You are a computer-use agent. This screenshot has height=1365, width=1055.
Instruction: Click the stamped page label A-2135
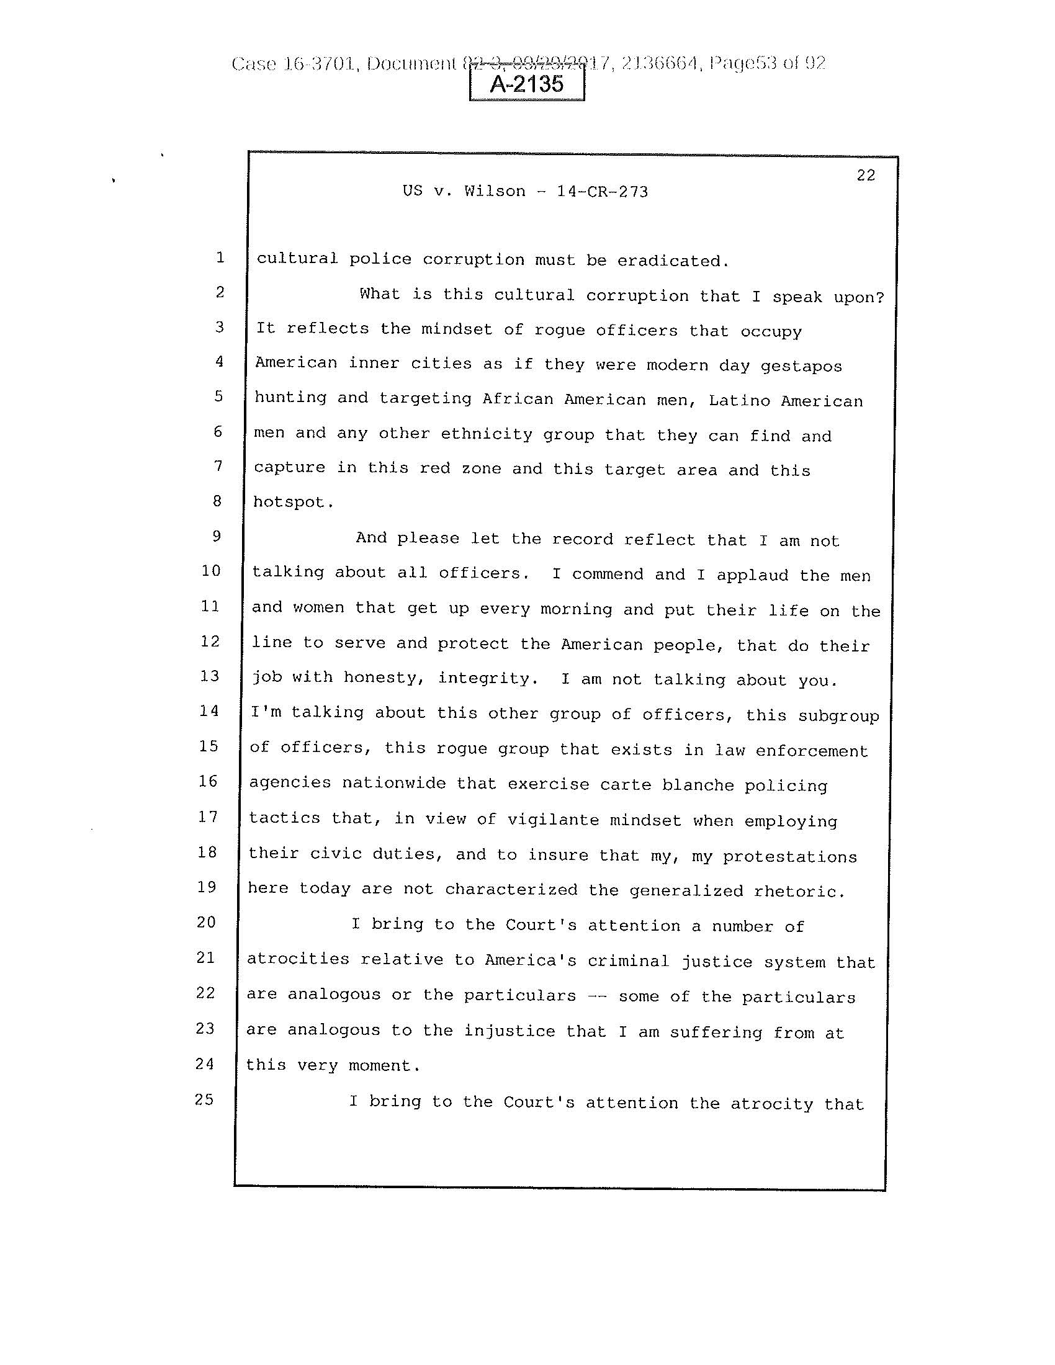click(x=526, y=84)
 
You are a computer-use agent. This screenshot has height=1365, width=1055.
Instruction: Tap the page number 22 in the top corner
click(x=866, y=176)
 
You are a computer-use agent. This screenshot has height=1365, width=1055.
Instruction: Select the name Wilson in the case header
click(x=495, y=190)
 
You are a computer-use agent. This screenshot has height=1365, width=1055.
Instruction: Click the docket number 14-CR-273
click(x=602, y=191)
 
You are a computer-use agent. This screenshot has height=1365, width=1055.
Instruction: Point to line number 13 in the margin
click(x=210, y=676)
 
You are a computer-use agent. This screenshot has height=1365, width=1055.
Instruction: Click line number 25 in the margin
click(x=205, y=1099)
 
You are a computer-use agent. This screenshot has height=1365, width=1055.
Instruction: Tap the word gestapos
click(x=801, y=366)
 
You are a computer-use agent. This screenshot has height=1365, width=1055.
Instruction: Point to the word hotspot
click(x=289, y=502)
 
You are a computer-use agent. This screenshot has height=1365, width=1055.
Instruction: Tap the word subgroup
click(x=838, y=716)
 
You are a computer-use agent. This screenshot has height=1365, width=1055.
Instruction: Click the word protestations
click(x=790, y=856)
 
